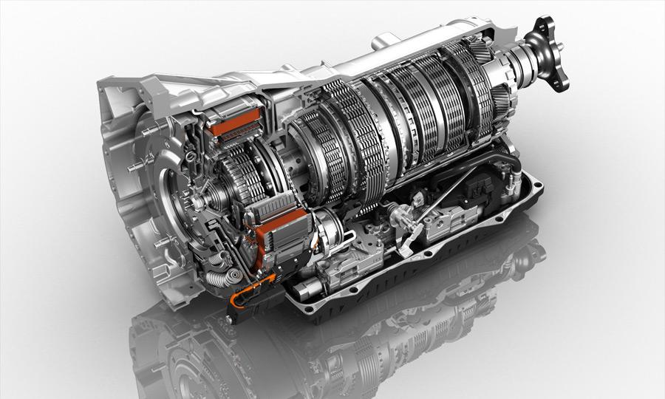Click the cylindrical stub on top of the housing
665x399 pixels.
coord(382,38)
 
